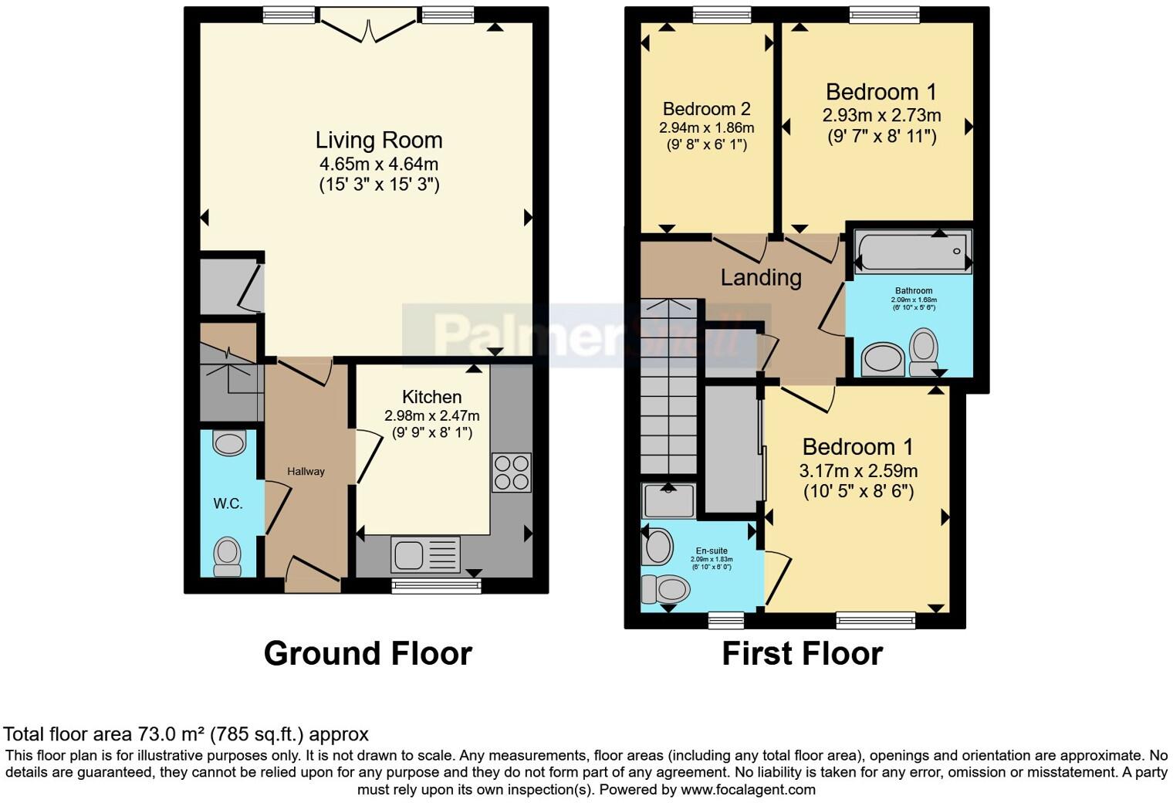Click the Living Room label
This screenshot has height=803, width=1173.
pos(378,141)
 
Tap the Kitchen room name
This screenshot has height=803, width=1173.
pos(431,397)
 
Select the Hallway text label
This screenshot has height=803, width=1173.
pos(306,471)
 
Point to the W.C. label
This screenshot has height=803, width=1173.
pos(228,503)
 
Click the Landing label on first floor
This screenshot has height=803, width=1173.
pos(760,277)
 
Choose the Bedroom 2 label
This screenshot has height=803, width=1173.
pos(706,109)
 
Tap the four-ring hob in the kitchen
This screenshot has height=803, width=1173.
pos(511,472)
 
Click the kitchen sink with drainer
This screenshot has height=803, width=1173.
pos(425,554)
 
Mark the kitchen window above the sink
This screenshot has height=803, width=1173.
pos(436,586)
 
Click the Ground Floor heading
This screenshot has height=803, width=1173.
pos(367,653)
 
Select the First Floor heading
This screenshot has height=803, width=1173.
pos(802,653)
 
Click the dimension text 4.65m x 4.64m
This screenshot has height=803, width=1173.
pos(378,164)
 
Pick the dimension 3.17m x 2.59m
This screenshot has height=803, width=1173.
pos(858,470)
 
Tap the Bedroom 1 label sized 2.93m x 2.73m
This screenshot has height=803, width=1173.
pos(881,92)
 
